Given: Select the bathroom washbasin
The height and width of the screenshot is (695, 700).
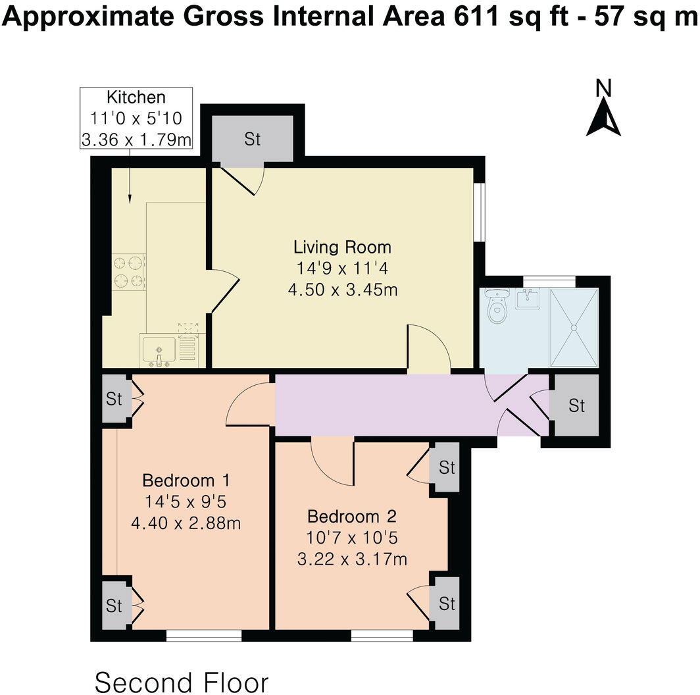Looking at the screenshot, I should [528, 299].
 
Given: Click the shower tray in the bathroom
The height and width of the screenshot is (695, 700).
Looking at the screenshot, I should [574, 326].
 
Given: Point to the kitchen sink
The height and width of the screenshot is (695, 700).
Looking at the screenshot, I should [158, 349].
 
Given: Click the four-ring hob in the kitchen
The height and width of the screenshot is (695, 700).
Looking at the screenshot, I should [129, 272].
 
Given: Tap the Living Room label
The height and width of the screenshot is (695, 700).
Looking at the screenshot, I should [342, 247].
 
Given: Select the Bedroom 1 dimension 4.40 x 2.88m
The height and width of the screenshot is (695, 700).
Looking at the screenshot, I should [185, 524].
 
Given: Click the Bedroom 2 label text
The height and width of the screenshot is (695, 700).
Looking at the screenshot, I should [351, 515].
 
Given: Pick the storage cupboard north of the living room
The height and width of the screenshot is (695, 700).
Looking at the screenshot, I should [253, 140].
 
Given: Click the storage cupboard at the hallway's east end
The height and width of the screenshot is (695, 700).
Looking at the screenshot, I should [576, 405].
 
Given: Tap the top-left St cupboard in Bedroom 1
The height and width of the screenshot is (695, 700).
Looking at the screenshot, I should [115, 399].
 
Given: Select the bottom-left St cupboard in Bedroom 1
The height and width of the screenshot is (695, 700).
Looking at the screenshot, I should [115, 605].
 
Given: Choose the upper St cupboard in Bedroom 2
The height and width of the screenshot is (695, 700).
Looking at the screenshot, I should [447, 468].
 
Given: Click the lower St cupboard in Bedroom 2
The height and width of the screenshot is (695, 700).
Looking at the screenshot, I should [447, 603].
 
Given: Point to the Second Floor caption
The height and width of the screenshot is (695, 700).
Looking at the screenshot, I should [182, 682].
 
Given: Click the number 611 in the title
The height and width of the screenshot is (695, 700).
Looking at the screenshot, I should [477, 18].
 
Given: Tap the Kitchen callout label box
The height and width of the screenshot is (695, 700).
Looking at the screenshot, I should [136, 118].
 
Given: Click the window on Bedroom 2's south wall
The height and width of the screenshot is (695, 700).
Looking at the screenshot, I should [382, 635].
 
